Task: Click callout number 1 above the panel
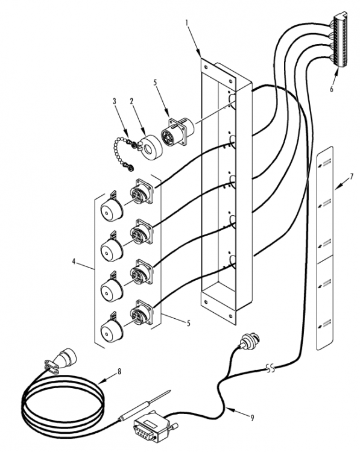coord(187,23)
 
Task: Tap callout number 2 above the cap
coord(131,101)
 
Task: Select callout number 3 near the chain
coord(115,101)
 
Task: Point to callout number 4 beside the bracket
coord(74,262)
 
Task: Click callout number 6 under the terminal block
coord(332,89)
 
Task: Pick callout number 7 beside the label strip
coord(352,177)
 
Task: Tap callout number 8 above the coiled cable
coord(119,372)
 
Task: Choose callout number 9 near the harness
coord(252,418)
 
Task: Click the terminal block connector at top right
coord(341,40)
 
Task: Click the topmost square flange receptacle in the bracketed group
coord(142,192)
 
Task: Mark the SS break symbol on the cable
coord(270,368)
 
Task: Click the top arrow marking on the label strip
coord(325,163)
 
